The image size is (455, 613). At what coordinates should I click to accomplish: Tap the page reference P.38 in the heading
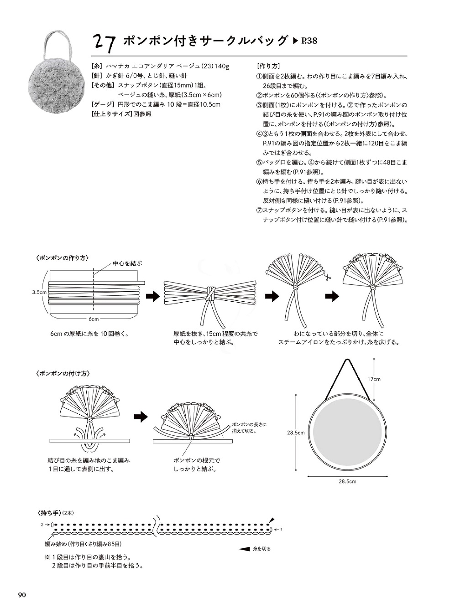tap(309, 41)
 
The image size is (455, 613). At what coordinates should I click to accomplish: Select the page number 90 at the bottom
tap(22, 595)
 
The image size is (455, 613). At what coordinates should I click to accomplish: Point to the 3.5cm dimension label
tap(39, 292)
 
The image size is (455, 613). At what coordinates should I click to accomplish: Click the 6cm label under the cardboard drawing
tap(94, 319)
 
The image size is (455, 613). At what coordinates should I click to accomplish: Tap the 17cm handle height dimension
tap(374, 379)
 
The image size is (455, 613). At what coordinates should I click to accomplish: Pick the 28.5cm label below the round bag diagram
tap(347, 481)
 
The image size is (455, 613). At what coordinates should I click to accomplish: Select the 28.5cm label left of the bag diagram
tap(296, 433)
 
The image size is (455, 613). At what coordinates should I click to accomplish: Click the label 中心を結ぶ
tap(127, 263)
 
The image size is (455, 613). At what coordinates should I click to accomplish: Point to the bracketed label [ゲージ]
tap(103, 104)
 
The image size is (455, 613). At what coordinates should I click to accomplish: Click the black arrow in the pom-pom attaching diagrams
tap(141, 416)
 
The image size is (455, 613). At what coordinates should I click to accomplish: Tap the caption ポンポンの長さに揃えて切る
tap(249, 428)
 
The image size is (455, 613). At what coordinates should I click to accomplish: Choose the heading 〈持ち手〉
tap(47, 513)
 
